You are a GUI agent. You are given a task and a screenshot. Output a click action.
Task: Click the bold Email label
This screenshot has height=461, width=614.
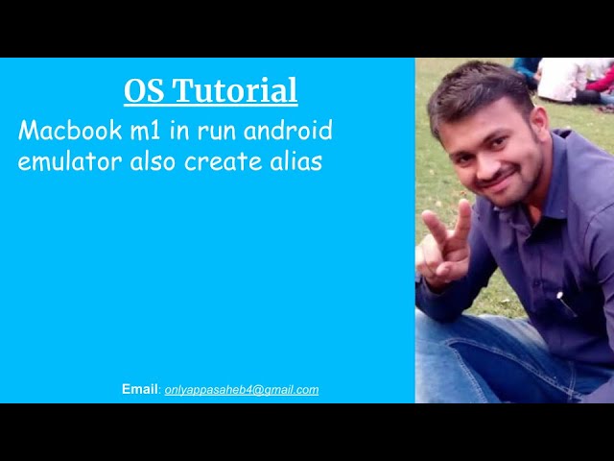[139, 389]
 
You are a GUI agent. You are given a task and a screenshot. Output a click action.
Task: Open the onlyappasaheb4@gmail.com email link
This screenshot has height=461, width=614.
[242, 390]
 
